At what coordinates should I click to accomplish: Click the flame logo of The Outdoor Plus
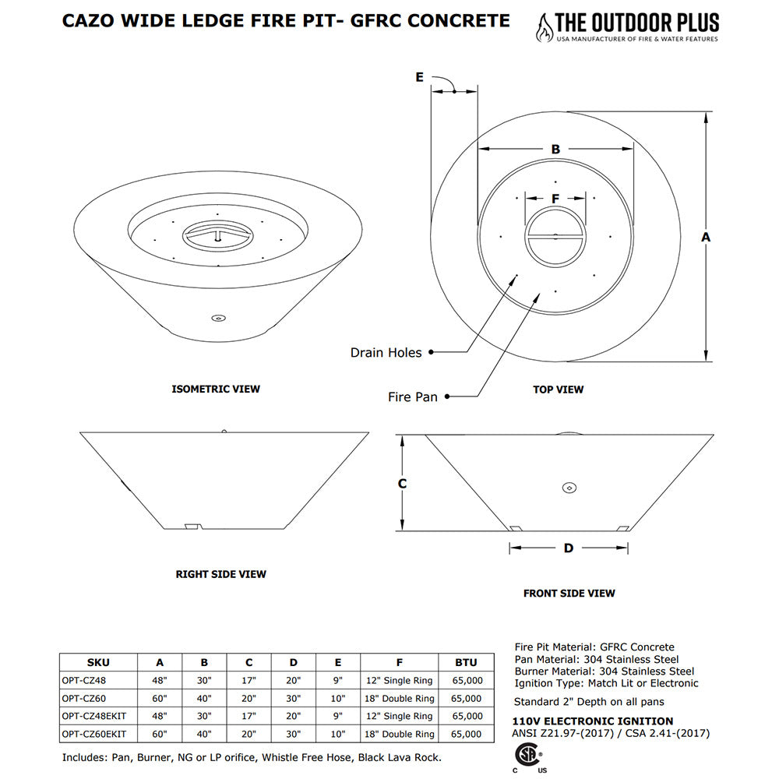541,27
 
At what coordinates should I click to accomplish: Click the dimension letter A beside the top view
706,237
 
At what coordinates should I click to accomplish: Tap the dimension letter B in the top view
555,149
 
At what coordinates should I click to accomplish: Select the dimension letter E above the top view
419,77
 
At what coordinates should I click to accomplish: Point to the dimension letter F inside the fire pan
555,199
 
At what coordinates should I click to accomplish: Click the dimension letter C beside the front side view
402,484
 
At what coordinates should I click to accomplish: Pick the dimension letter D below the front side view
569,548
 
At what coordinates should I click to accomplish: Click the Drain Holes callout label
386,353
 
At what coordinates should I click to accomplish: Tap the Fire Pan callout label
413,397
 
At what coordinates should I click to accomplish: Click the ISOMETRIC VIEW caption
216,389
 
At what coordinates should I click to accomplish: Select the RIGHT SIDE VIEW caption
220,574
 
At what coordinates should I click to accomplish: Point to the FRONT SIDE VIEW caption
569,594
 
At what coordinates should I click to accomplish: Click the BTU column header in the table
466,663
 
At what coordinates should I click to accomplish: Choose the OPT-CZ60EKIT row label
93,734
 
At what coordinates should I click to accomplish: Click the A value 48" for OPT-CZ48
160,680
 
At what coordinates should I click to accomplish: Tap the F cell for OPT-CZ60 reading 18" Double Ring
400,699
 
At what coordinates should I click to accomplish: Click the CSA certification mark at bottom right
529,756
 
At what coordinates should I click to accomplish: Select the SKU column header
98,663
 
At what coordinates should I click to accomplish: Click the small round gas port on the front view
569,488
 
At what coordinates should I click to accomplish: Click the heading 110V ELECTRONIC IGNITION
594,721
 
